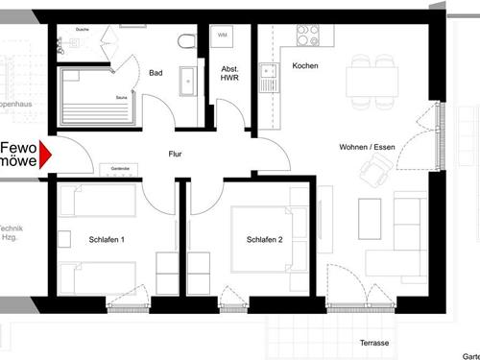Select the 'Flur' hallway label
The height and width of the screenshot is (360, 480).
tap(176, 154)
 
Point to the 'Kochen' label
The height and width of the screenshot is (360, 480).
tap(304, 65)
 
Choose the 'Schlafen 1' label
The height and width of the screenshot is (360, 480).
tap(107, 239)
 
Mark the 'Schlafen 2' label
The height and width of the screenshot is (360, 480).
tap(264, 239)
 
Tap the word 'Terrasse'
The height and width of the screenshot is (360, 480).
tap(374, 343)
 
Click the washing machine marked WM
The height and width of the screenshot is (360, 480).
tap(223, 36)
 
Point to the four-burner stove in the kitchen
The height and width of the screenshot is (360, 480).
tap(307, 36)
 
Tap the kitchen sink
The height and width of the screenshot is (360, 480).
tap(266, 75)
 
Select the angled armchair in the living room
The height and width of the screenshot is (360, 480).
tap(370, 172)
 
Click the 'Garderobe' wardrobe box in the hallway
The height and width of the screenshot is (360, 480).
tap(120, 169)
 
